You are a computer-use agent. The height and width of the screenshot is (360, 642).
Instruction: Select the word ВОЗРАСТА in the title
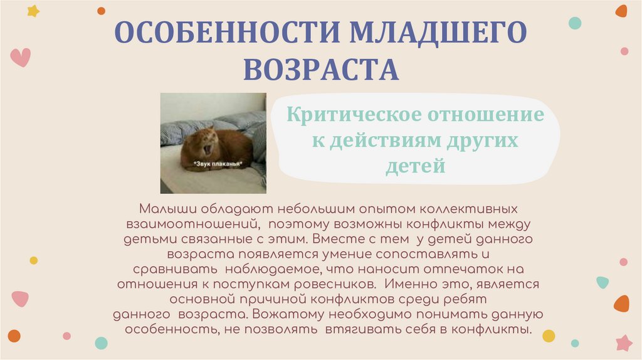(321, 70)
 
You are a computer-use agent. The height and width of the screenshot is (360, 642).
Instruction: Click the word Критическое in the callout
(354, 115)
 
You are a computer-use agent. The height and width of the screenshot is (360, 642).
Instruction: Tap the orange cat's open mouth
(208, 149)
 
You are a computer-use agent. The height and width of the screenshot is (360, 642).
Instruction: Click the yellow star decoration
(33, 11)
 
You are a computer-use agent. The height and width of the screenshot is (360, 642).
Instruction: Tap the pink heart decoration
(21, 57)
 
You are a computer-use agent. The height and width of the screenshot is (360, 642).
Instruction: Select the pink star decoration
(624, 342)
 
